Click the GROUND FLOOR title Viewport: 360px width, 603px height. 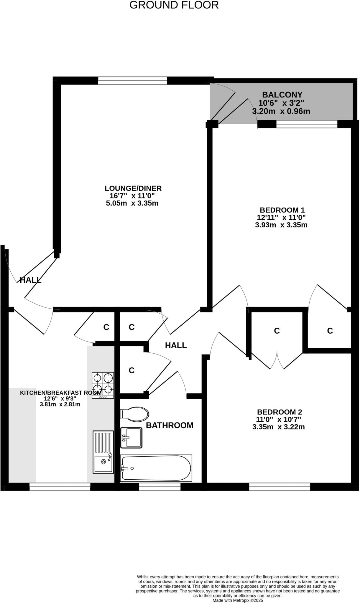pyautogui.click(x=174, y=5)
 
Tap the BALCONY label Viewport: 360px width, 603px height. pyautogui.click(x=282, y=95)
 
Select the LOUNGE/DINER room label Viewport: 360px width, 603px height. pyautogui.click(x=133, y=188)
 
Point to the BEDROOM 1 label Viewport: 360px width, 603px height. pyautogui.click(x=282, y=210)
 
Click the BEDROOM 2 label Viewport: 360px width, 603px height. pyautogui.click(x=279, y=412)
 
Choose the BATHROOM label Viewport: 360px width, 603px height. pyautogui.click(x=170, y=425)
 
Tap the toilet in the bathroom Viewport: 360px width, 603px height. pyautogui.click(x=134, y=414)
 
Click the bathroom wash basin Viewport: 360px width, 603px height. pyautogui.click(x=131, y=438)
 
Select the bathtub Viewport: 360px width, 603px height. pyautogui.click(x=156, y=468)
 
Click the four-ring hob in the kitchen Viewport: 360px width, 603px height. pyautogui.click(x=103, y=385)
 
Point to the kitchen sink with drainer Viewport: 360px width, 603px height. pyautogui.click(x=103, y=452)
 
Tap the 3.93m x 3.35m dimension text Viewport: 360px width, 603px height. pyautogui.click(x=281, y=225)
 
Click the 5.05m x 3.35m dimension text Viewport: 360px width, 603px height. pyautogui.click(x=132, y=203)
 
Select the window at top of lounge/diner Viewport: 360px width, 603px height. pyautogui.click(x=132, y=80)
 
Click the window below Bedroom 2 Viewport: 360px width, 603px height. pyautogui.click(x=280, y=487)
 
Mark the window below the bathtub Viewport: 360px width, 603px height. pyautogui.click(x=160, y=487)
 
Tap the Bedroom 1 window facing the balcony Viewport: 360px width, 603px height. pyautogui.click(x=307, y=125)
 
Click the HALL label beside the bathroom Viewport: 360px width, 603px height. pyautogui.click(x=176, y=345)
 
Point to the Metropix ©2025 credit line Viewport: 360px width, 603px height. pyautogui.click(x=238, y=600)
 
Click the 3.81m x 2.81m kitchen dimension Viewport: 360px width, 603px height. pyautogui.click(x=60, y=404)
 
